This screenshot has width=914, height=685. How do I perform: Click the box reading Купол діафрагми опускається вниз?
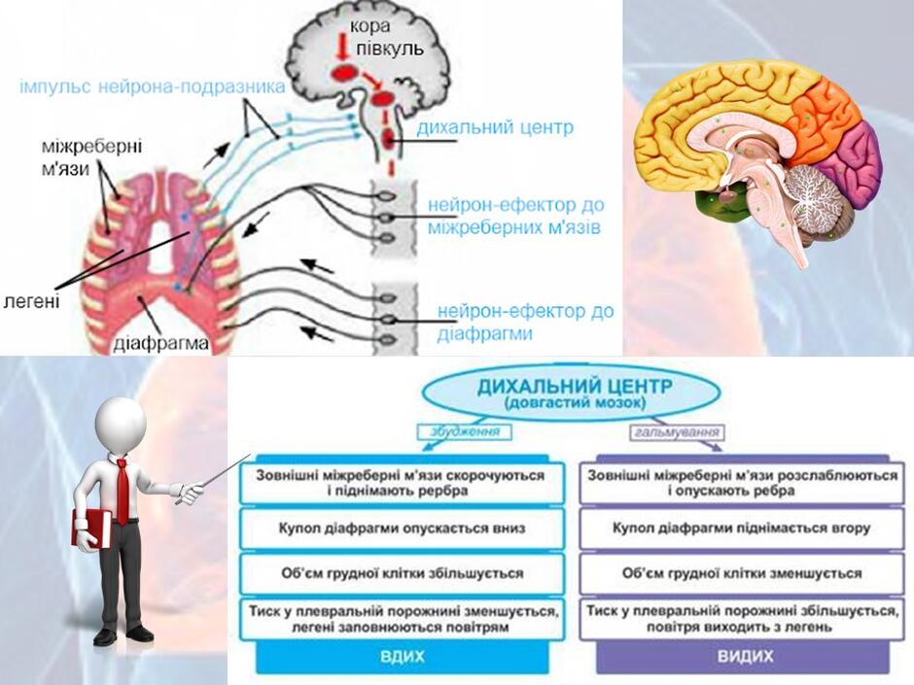point(403,529)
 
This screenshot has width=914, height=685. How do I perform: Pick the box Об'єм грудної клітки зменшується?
point(742,573)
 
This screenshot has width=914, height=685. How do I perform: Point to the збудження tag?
point(465,432)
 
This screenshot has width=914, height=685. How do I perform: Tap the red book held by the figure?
point(92,529)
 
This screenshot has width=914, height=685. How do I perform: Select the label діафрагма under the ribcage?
point(160,344)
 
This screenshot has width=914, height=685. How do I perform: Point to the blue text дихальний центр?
point(495,127)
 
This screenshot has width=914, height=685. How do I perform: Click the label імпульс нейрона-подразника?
point(152,86)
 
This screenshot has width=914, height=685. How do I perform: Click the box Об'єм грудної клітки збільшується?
point(403,573)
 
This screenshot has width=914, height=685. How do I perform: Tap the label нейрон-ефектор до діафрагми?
point(525,323)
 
